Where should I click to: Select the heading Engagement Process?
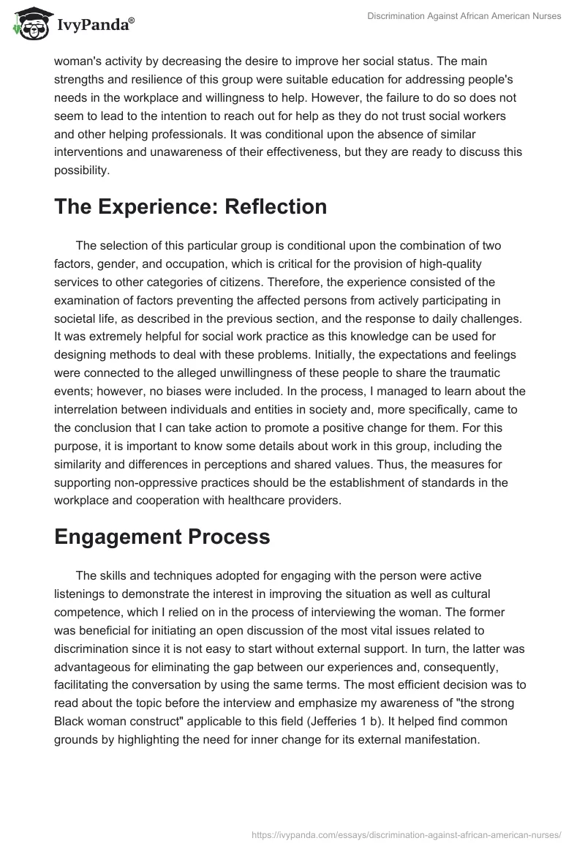tap(162, 536)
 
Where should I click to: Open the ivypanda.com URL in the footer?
tap(407, 834)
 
